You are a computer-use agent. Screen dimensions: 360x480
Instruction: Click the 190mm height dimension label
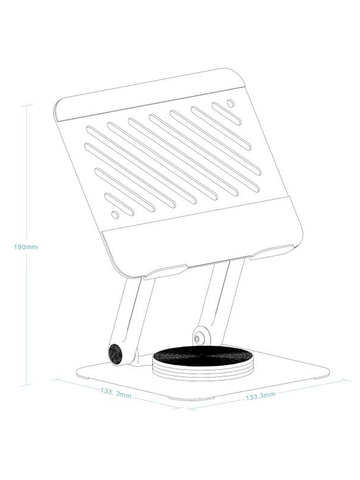point(26,247)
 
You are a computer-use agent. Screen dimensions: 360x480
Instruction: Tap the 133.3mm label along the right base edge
point(261,396)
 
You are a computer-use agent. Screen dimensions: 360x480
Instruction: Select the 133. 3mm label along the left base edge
point(116,393)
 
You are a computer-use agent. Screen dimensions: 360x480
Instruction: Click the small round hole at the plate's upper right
point(230,103)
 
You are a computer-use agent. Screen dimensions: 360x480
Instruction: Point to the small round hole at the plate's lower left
point(115,215)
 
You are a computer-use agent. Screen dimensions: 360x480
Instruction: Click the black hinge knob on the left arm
point(116,354)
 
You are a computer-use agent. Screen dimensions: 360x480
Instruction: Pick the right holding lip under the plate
point(271,252)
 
